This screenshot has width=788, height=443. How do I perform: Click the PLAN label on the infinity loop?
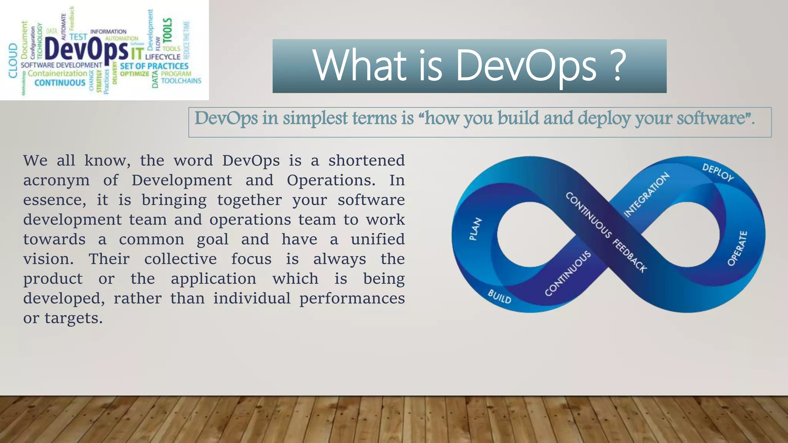click(x=476, y=229)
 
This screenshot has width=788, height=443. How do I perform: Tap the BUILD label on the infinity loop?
click(x=499, y=296)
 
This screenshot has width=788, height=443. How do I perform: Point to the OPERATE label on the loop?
click(x=737, y=248)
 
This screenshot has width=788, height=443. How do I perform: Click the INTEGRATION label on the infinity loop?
click(x=646, y=195)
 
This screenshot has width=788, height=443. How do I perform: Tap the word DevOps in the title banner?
click(x=526, y=66)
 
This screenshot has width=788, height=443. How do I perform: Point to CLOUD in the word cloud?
click(x=13, y=60)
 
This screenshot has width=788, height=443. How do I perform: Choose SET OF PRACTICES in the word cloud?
click(x=154, y=66)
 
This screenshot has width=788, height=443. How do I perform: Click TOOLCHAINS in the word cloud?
click(x=181, y=81)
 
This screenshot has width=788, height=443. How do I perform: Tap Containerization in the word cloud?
click(x=57, y=73)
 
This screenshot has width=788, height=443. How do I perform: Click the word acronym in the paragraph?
click(x=56, y=180)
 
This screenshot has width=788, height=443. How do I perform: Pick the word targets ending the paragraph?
click(x=73, y=318)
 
